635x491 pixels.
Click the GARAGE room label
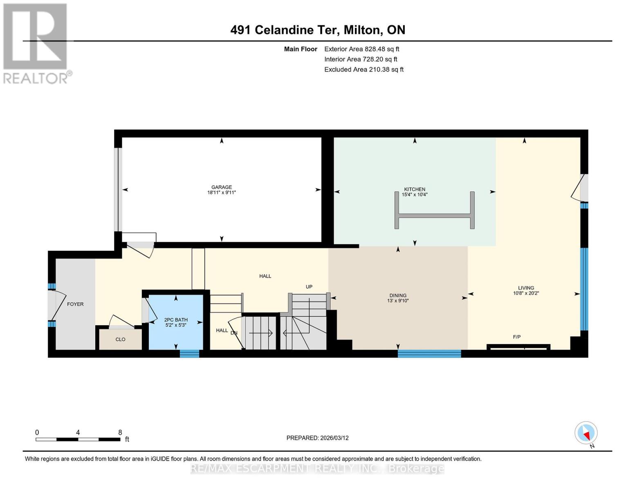tap(222, 187)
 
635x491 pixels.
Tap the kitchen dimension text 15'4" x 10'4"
tap(414, 194)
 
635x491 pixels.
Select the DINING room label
tap(398, 295)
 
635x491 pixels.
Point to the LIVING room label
tap(526, 288)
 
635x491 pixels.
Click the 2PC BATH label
tap(176, 320)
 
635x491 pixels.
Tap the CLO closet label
tap(120, 339)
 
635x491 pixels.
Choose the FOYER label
tap(75, 304)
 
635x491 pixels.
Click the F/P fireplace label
tap(517, 337)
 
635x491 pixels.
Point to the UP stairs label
tap(309, 286)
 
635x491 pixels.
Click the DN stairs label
tap(234, 333)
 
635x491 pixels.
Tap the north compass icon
tap(586, 433)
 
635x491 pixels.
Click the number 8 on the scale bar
tap(120, 432)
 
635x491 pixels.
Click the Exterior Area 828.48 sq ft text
tap(361, 49)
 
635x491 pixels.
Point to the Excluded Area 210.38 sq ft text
tap(364, 70)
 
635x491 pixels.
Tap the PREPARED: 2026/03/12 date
tap(317, 438)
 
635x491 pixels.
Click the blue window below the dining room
tap(429, 354)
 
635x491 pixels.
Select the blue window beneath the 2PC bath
tap(189, 354)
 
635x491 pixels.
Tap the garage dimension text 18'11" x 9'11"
tap(222, 192)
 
